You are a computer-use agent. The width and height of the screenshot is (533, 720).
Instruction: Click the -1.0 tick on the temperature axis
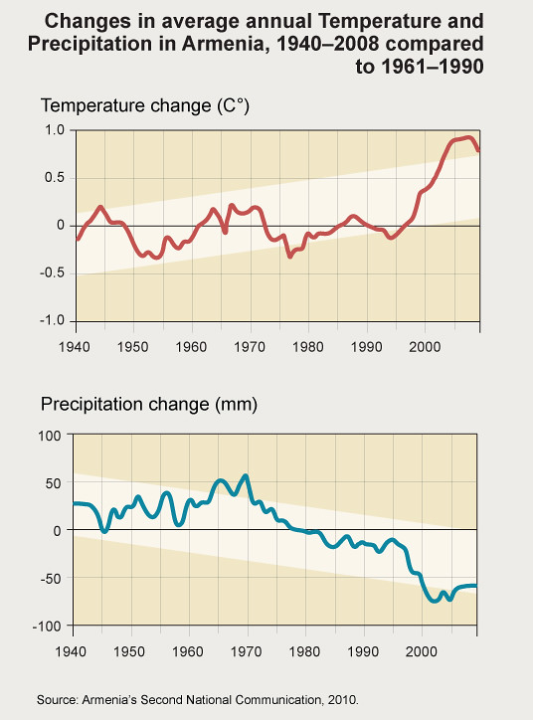pyautogui.click(x=51, y=320)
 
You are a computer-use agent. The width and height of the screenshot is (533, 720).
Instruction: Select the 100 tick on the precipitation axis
pyautogui.click(x=50, y=435)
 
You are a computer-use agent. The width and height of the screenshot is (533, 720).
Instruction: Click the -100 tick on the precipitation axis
pyautogui.click(x=47, y=626)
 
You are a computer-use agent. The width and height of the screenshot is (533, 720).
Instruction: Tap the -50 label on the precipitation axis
pyautogui.click(x=49, y=578)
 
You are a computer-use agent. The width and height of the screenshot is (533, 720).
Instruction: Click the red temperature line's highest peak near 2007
pyautogui.click(x=467, y=137)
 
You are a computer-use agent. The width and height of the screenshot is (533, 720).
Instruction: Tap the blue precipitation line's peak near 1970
pyautogui.click(x=246, y=476)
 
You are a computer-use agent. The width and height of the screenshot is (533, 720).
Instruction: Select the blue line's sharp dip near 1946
pyautogui.click(x=104, y=532)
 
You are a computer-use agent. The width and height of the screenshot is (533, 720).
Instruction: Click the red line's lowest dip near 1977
pyautogui.click(x=289, y=256)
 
